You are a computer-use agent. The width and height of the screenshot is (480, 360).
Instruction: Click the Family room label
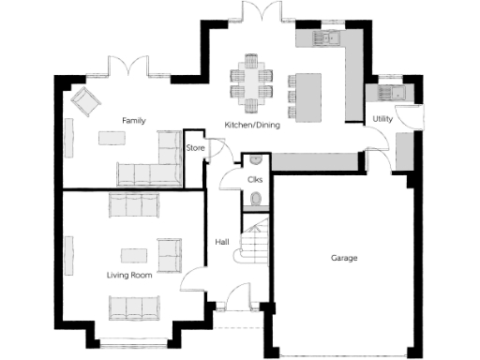coord(130,121)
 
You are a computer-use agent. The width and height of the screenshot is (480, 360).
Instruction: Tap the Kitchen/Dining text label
coord(249,125)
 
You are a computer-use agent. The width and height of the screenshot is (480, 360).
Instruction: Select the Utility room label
coord(382,119)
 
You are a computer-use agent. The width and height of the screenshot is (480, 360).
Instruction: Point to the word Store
coord(195,148)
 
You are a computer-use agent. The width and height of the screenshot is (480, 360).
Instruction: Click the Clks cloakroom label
coord(254,179)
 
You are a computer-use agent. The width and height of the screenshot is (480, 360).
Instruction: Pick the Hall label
coord(222,242)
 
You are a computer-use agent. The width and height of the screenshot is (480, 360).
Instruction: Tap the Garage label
coord(343,258)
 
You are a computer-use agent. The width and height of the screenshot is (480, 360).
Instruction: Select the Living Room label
coord(129,275)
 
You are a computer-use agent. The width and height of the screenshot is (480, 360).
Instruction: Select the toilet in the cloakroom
coord(256,199)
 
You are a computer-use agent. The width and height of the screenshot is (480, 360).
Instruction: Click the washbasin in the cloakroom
coord(255,159)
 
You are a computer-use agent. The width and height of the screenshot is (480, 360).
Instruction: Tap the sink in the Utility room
coord(389,92)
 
